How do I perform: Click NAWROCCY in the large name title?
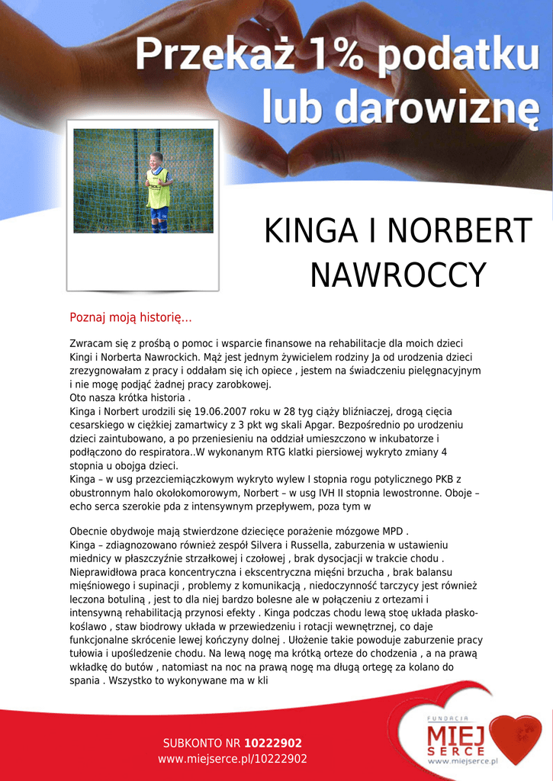pos(397,275)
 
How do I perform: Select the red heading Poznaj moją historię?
pos(130,317)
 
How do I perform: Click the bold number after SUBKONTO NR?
pos(273,743)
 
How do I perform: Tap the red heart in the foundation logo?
pos(516,738)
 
